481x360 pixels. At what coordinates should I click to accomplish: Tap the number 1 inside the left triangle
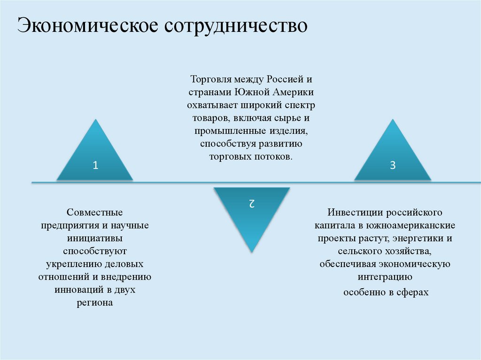[x=95, y=165]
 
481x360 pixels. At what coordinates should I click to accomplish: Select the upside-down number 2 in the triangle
[x=252, y=203]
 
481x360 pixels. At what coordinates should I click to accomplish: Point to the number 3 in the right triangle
[x=393, y=165]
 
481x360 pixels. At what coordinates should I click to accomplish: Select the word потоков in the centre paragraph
[x=275, y=156]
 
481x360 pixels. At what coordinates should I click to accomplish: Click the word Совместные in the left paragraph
[x=94, y=213]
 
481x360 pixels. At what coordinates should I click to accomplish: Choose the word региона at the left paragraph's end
[x=95, y=303]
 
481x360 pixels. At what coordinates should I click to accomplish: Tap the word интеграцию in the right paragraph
[x=385, y=277]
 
